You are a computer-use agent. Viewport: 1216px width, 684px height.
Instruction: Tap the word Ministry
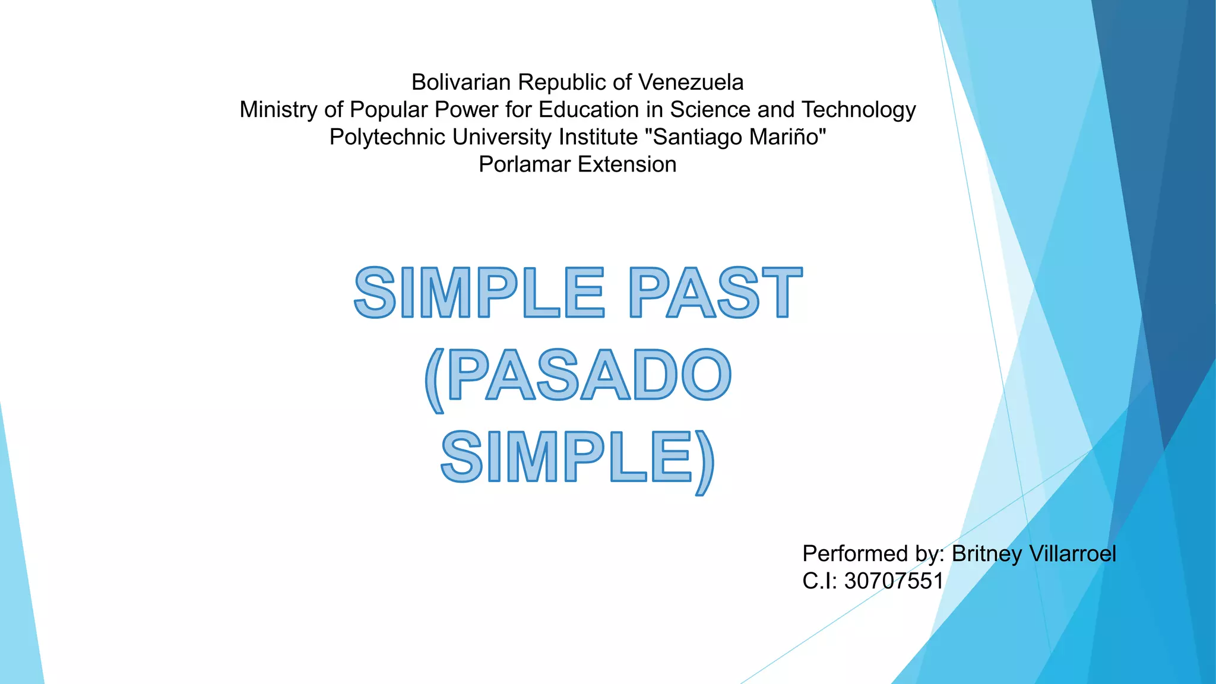coord(278,110)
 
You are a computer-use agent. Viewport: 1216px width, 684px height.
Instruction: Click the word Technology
coord(859,110)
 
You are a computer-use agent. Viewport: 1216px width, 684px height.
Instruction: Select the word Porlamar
coord(524,164)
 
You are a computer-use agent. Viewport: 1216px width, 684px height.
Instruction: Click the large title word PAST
coord(715,293)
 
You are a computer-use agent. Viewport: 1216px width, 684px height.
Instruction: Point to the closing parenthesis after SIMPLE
coord(704,462)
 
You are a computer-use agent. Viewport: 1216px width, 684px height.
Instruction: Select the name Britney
coord(986,554)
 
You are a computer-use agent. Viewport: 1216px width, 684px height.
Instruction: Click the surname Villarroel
coord(1072,554)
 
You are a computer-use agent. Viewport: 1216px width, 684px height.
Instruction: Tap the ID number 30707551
coord(894,581)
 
